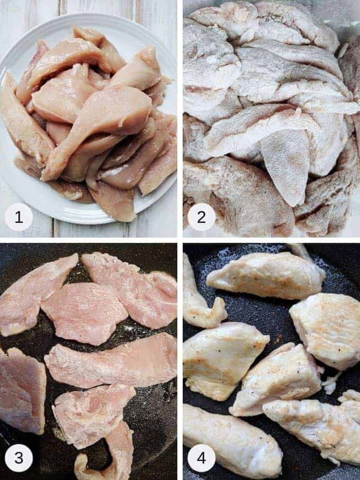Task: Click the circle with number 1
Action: (x=19, y=217)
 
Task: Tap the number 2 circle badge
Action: (x=201, y=217)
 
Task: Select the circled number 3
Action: (x=19, y=457)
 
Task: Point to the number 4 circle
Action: (x=201, y=457)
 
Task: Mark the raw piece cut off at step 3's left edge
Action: (x=21, y=389)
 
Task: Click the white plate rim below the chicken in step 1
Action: (x=79, y=214)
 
